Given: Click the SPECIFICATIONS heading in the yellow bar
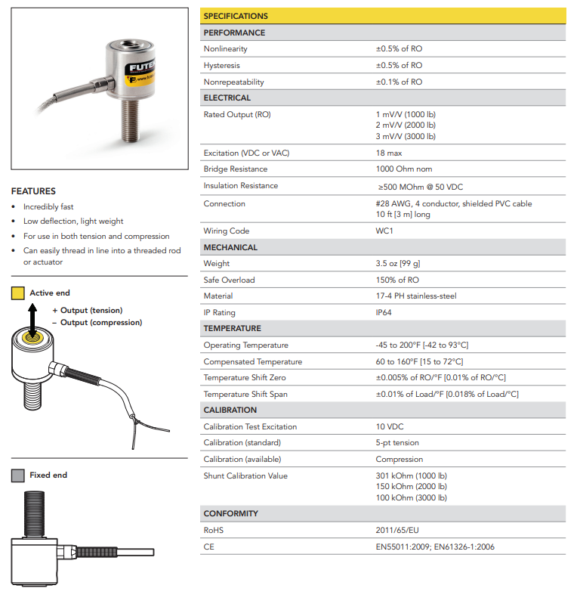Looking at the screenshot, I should (x=236, y=16).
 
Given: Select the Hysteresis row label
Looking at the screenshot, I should (x=221, y=66).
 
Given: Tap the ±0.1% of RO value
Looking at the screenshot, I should (x=399, y=82).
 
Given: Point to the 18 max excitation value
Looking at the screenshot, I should (x=388, y=153).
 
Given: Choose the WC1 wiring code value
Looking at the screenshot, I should (x=384, y=231).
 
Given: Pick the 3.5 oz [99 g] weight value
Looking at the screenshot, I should (x=398, y=264).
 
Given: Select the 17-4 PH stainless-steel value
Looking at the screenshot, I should (x=415, y=296).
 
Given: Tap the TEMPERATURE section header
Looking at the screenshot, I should (x=232, y=329).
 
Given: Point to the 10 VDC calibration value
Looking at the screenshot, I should (x=390, y=426).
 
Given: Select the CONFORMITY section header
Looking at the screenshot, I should (x=230, y=514).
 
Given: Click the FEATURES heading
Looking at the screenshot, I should (x=33, y=191).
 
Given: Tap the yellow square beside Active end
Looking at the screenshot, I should (x=17, y=293).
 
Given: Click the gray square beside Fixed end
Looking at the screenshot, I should (x=17, y=476).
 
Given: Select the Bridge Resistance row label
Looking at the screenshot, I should (x=235, y=169).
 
